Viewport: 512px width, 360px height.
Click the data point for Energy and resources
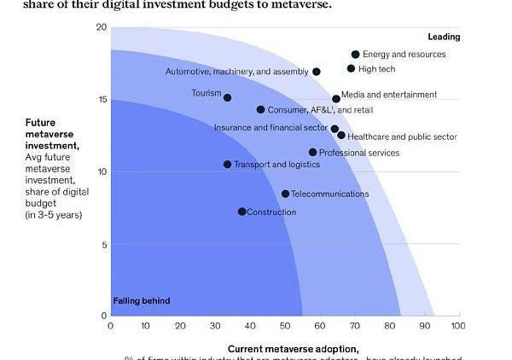(355, 55)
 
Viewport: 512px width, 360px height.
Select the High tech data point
(351, 68)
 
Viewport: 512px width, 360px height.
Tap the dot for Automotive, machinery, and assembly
(317, 72)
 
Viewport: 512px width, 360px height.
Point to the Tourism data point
(227, 97)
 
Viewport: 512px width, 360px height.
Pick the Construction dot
(241, 212)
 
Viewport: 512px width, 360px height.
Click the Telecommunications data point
(285, 194)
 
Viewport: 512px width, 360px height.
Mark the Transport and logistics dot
(227, 164)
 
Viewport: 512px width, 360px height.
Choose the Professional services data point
(312, 153)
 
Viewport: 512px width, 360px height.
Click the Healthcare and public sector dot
(341, 136)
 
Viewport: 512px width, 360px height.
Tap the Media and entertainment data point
(336, 99)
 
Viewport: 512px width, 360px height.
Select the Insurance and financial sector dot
(335, 129)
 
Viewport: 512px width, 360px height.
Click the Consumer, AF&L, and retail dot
(261, 109)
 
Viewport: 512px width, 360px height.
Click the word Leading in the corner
(444, 37)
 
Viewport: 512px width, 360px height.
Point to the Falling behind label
(142, 300)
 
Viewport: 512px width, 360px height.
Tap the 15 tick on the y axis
(102, 100)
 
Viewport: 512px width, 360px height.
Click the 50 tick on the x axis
(284, 325)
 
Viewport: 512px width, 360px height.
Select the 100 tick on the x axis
(457, 325)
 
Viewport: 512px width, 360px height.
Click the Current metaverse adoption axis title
(293, 349)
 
